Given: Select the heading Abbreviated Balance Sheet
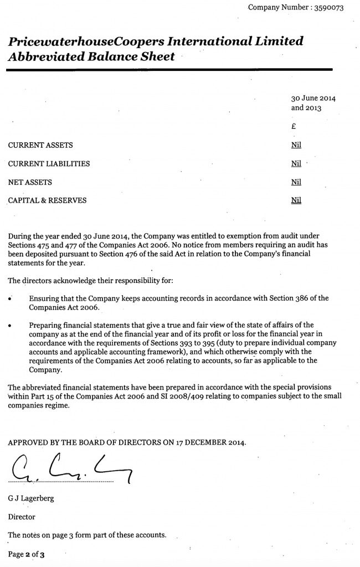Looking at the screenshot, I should [x=91, y=56].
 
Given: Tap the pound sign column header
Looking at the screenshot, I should [x=294, y=126].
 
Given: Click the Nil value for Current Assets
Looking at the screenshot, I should [x=296, y=145].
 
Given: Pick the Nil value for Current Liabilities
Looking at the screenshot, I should [x=296, y=163].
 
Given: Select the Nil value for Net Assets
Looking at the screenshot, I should [x=296, y=182].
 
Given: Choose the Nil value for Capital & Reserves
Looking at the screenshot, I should [x=296, y=200].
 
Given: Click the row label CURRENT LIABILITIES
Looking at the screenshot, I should [x=49, y=164].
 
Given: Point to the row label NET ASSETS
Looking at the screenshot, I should [x=30, y=182].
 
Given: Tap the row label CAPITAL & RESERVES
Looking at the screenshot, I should [x=47, y=200].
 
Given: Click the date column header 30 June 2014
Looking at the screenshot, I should [x=313, y=99].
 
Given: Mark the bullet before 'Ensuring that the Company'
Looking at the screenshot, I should [x=11, y=299].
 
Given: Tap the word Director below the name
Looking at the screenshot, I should [x=22, y=517].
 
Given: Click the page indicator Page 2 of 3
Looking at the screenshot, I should [x=26, y=554].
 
